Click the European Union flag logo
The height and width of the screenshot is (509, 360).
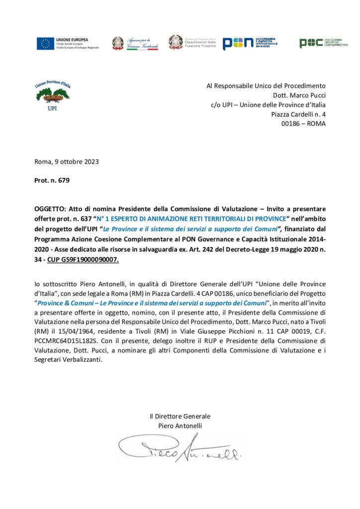pos(45,43)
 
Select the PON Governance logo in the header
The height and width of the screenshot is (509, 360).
pos(249,43)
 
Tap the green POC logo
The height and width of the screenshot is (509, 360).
pos(323,43)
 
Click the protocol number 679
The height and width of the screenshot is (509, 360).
pos(64,180)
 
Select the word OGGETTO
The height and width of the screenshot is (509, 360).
pos(51,208)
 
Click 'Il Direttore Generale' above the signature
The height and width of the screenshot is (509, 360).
pos(180,416)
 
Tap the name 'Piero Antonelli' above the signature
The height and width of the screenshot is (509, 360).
pos(180,425)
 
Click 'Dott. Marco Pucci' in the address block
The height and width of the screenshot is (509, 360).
pos(299,95)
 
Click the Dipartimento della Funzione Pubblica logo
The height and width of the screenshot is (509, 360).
pos(192,43)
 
